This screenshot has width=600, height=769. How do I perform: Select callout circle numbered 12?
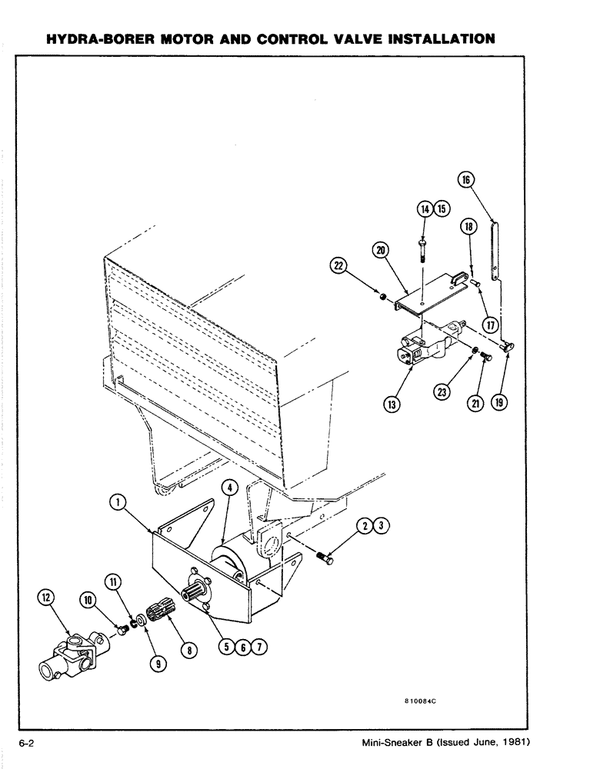tap(48, 597)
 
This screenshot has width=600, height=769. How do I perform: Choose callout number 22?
tap(338, 267)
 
